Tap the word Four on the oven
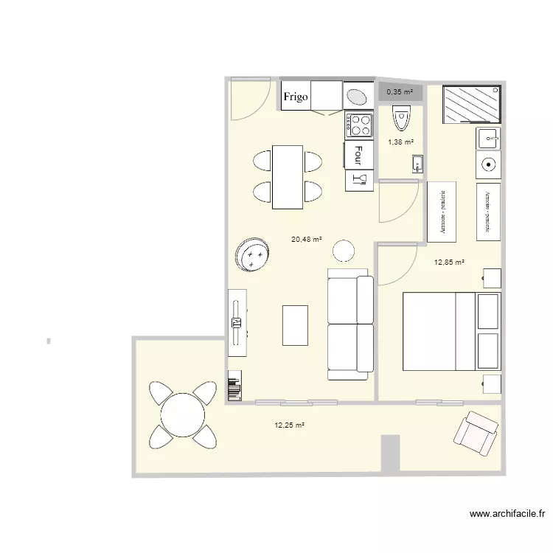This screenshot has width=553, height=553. point(358,153)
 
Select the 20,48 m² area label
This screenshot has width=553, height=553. point(307,239)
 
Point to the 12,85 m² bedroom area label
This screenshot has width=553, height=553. point(449,262)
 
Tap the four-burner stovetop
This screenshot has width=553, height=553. point(361,125)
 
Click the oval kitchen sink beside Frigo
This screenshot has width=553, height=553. point(358,97)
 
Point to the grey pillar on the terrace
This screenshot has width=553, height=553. point(391,453)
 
